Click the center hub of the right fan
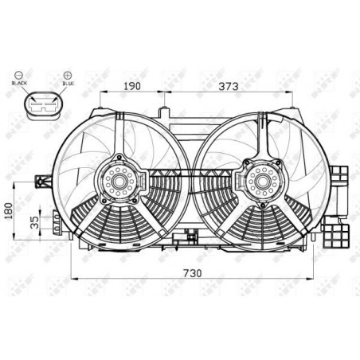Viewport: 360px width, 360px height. coord(260,182)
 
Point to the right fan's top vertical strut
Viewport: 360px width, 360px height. coord(260,134)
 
